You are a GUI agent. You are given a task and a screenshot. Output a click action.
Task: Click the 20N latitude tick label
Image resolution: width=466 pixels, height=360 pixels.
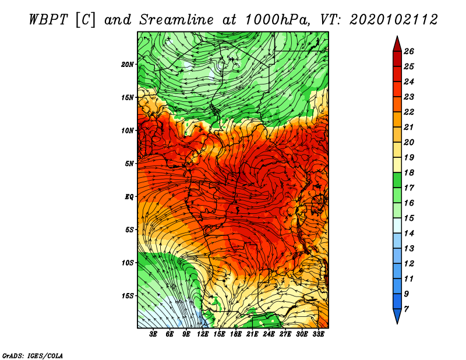128,65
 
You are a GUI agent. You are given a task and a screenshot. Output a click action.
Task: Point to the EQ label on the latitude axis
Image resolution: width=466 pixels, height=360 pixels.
129,197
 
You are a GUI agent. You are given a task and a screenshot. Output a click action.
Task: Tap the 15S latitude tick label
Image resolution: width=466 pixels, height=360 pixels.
128,296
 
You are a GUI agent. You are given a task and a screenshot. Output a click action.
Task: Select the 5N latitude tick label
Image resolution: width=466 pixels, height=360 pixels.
129,164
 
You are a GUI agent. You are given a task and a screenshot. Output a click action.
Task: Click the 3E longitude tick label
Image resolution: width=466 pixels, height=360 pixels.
153,334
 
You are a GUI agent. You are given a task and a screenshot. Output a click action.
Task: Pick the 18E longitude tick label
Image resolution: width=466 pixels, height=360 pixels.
236,334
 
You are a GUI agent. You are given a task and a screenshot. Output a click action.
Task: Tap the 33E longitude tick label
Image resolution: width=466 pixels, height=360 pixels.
318,334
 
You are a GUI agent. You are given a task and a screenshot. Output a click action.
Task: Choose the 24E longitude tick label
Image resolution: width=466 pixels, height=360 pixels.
269,334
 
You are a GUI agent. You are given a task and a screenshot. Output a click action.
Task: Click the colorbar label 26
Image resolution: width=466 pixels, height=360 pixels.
409,51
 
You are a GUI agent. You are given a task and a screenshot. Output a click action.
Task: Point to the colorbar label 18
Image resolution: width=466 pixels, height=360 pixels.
409,172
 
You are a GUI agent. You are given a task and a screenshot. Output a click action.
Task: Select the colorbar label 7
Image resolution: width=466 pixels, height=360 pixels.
406,309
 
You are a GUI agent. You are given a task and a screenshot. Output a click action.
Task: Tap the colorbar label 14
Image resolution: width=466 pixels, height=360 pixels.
409,234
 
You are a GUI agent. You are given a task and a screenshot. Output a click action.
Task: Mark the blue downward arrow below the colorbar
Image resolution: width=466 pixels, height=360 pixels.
397,316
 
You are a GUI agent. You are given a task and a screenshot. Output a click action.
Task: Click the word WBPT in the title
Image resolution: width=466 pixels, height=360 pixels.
49,20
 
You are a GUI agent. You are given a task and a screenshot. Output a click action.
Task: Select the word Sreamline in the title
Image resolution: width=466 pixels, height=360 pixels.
176,20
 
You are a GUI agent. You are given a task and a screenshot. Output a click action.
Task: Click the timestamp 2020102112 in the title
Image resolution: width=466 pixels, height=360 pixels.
394,20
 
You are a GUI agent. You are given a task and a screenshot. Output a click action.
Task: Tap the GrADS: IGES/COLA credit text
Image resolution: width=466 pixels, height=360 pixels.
33,356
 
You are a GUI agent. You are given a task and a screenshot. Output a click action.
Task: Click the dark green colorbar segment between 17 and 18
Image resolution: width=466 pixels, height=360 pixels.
397,180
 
